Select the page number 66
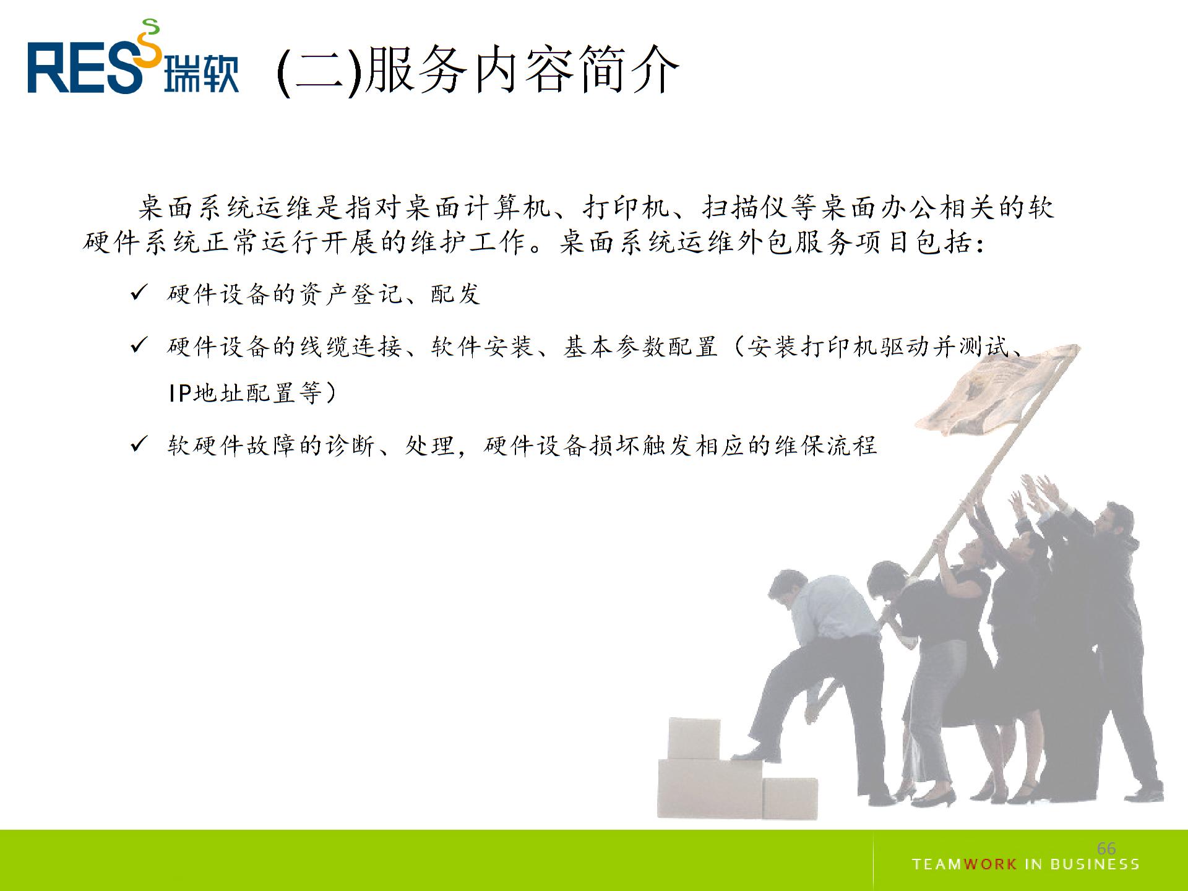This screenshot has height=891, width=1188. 1106,848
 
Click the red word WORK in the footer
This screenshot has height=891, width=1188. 990,864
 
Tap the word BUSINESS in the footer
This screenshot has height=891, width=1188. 1095,864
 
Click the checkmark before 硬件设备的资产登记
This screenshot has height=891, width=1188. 139,293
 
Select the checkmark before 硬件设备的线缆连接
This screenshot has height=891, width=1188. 139,345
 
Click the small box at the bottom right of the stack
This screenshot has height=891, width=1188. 790,798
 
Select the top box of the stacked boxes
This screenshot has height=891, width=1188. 694,738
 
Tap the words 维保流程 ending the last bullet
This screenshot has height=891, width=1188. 825,445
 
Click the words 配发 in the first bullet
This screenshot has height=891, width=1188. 455,294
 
